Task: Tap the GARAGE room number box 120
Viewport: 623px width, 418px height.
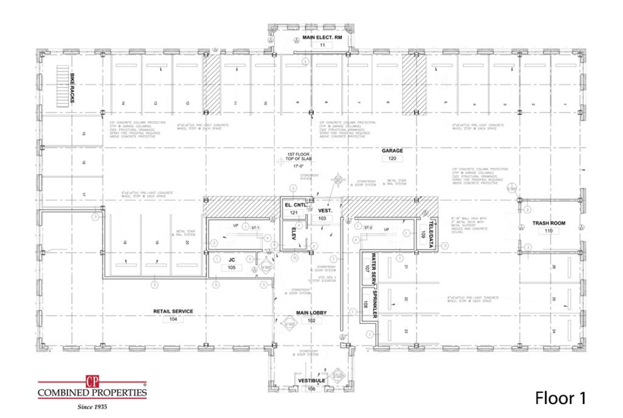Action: coord(392,158)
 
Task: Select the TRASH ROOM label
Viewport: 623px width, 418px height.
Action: coord(549,223)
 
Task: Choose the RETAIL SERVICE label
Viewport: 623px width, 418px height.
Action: coord(173,311)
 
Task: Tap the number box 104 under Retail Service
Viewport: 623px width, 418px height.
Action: coord(173,319)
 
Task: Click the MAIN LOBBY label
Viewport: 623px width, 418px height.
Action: coord(311,313)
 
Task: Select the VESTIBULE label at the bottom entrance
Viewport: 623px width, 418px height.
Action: coord(311,380)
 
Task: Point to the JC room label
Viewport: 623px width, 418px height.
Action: coord(231,260)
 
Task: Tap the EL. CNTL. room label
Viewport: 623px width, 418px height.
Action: coord(294,206)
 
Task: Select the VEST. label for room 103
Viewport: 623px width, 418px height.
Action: coord(324,210)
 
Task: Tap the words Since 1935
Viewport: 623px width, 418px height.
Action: coord(92,406)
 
